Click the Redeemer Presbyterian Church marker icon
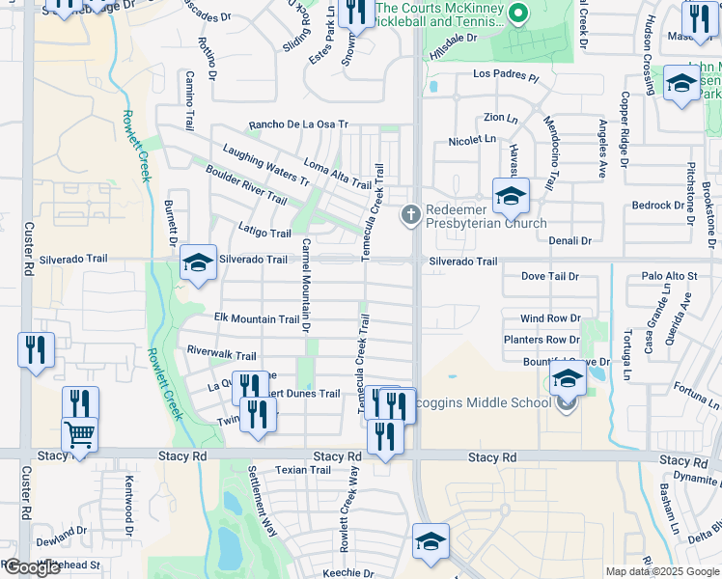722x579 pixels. click(x=410, y=213)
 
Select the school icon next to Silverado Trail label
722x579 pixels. click(x=198, y=262)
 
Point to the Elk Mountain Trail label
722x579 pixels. click(x=257, y=319)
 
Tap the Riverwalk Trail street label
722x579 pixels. click(x=222, y=355)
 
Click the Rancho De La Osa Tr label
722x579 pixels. click(x=297, y=125)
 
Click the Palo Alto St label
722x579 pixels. click(x=669, y=276)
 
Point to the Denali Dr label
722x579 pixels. click(x=569, y=240)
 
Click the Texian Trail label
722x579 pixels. click(x=303, y=471)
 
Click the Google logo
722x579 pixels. click(x=32, y=567)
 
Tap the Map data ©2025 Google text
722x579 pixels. click(x=662, y=571)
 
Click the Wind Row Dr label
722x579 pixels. click(x=550, y=318)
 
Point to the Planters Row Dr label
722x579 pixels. click(x=541, y=340)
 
